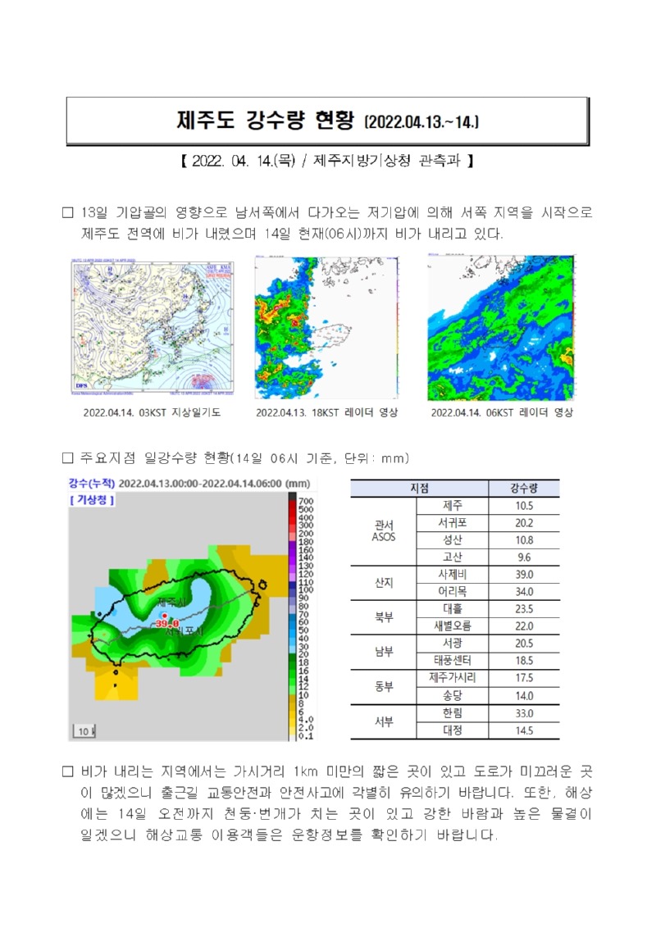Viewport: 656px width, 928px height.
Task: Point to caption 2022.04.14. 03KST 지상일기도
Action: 152,412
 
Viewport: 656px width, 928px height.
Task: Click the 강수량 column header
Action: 524,489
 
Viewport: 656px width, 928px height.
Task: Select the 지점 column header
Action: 419,489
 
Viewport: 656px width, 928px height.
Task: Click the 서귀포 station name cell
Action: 453,523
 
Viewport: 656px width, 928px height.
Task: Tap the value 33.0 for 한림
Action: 524,713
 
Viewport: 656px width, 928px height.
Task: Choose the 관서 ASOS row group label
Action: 384,531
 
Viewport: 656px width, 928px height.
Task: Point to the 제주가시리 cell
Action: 453,678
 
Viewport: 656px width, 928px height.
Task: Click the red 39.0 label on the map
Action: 166,623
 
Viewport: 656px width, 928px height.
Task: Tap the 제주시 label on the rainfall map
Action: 173,603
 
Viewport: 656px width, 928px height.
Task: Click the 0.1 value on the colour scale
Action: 303,735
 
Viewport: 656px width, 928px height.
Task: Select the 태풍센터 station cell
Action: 453,660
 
